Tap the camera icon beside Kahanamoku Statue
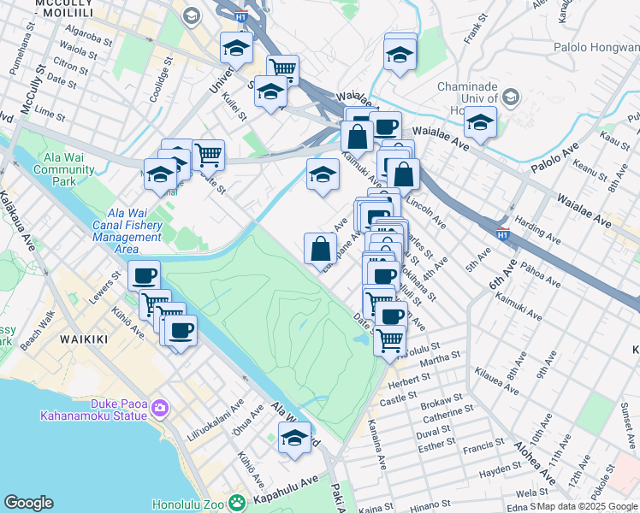coord(159,408)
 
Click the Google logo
coord(28,503)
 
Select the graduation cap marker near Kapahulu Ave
coord(294,439)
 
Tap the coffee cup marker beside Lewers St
coord(145,275)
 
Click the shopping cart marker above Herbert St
coord(390,339)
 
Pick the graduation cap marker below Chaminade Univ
coord(481,124)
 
